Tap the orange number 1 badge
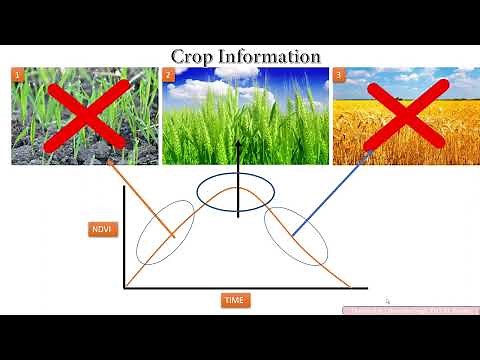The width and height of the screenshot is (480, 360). pos(17,75)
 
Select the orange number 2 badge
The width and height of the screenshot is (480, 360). pos(169,75)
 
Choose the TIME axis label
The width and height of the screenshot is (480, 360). pos(236,299)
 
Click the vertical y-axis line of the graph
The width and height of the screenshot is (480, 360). pos(124,240)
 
